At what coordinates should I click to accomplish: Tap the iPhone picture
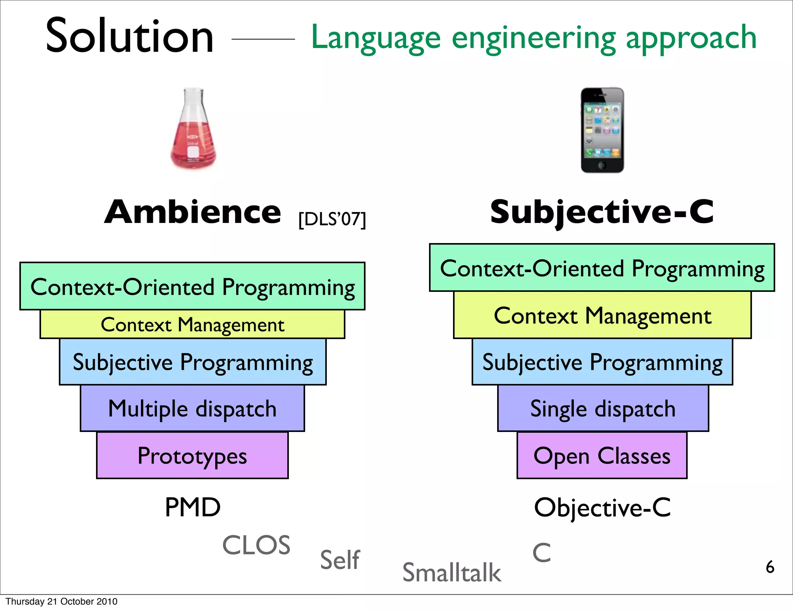pos(602,130)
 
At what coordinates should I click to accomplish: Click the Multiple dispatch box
pos(192,408)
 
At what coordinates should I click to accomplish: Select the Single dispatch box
pos(603,408)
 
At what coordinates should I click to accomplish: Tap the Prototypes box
pos(192,456)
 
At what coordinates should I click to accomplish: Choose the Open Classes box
pos(602,456)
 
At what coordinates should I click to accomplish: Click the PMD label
pos(192,507)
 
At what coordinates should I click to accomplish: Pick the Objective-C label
pos(602,507)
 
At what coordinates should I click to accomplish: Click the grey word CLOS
pos(256,545)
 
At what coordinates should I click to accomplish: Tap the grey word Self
pos(340,560)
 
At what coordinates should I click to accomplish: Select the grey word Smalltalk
pos(451,572)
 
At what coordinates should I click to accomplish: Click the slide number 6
pos(770,567)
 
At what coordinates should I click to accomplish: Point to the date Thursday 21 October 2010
pos(62,601)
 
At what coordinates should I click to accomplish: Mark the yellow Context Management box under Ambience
pos(192,324)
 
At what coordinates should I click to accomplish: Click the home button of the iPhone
pos(602,165)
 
